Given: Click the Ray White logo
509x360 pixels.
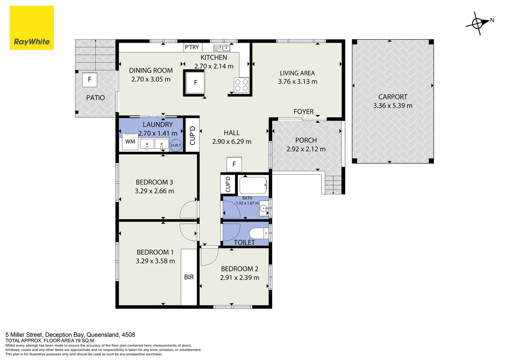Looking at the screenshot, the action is tap(32, 28).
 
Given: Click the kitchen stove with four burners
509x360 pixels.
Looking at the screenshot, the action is tap(242, 85).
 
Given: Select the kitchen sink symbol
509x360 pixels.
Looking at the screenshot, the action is tap(222, 48).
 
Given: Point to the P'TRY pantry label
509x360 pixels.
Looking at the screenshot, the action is tap(192, 47).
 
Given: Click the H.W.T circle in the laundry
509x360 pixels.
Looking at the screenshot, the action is tap(176, 145).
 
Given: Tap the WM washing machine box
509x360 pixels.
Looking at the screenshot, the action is tap(130, 142).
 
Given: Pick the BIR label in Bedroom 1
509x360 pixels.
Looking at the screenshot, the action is tap(189, 277).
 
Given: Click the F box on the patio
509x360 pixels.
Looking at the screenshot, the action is tap(90, 80).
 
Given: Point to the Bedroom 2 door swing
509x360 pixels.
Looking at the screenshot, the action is tap(210, 257).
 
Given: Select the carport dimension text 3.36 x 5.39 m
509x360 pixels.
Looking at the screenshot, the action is tap(393, 106).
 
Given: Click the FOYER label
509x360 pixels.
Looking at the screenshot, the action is tap(303, 111).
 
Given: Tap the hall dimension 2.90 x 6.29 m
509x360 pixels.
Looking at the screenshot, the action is tap(232, 141).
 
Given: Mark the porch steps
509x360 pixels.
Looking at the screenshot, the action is tap(333, 185).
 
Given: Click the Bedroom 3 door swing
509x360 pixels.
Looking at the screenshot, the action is tap(188, 209).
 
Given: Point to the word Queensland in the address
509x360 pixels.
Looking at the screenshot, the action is tap(103, 335).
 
